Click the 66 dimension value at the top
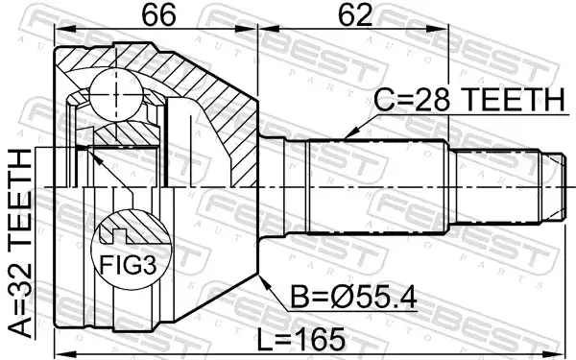coord(158,15)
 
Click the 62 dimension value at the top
coord(355,15)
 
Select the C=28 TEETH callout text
coord(469,100)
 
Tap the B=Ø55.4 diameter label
coord(353,298)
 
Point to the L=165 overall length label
coord(300,340)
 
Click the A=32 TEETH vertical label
coord(20,243)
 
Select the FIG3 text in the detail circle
coord(129,265)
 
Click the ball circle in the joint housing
coord(115,94)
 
